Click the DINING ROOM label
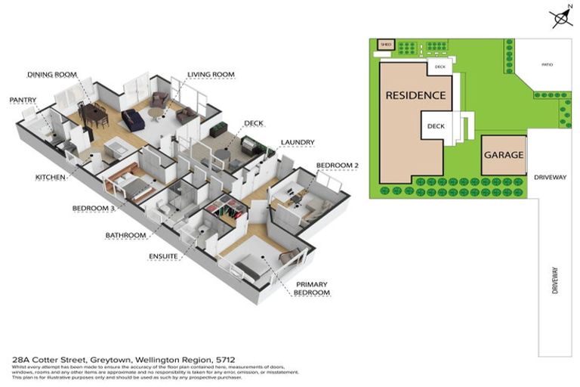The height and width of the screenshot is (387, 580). (x=52, y=75)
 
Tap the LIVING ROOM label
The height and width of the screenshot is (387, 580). (x=211, y=75)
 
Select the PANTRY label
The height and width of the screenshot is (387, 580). (x=23, y=99)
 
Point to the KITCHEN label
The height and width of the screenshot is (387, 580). (x=51, y=178)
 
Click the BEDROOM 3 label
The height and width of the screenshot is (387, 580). (x=94, y=208)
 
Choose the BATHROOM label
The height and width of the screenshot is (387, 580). (x=125, y=236)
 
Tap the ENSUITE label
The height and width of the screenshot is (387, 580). (x=163, y=256)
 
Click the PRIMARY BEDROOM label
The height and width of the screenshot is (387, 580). (x=312, y=288)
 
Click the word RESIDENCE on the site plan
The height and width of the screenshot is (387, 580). (x=415, y=96)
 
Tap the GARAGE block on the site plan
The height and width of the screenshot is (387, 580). (x=504, y=154)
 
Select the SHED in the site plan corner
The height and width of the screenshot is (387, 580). (x=387, y=45)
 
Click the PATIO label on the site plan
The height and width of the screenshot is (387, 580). (x=547, y=65)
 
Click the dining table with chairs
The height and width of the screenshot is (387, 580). (x=95, y=115)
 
